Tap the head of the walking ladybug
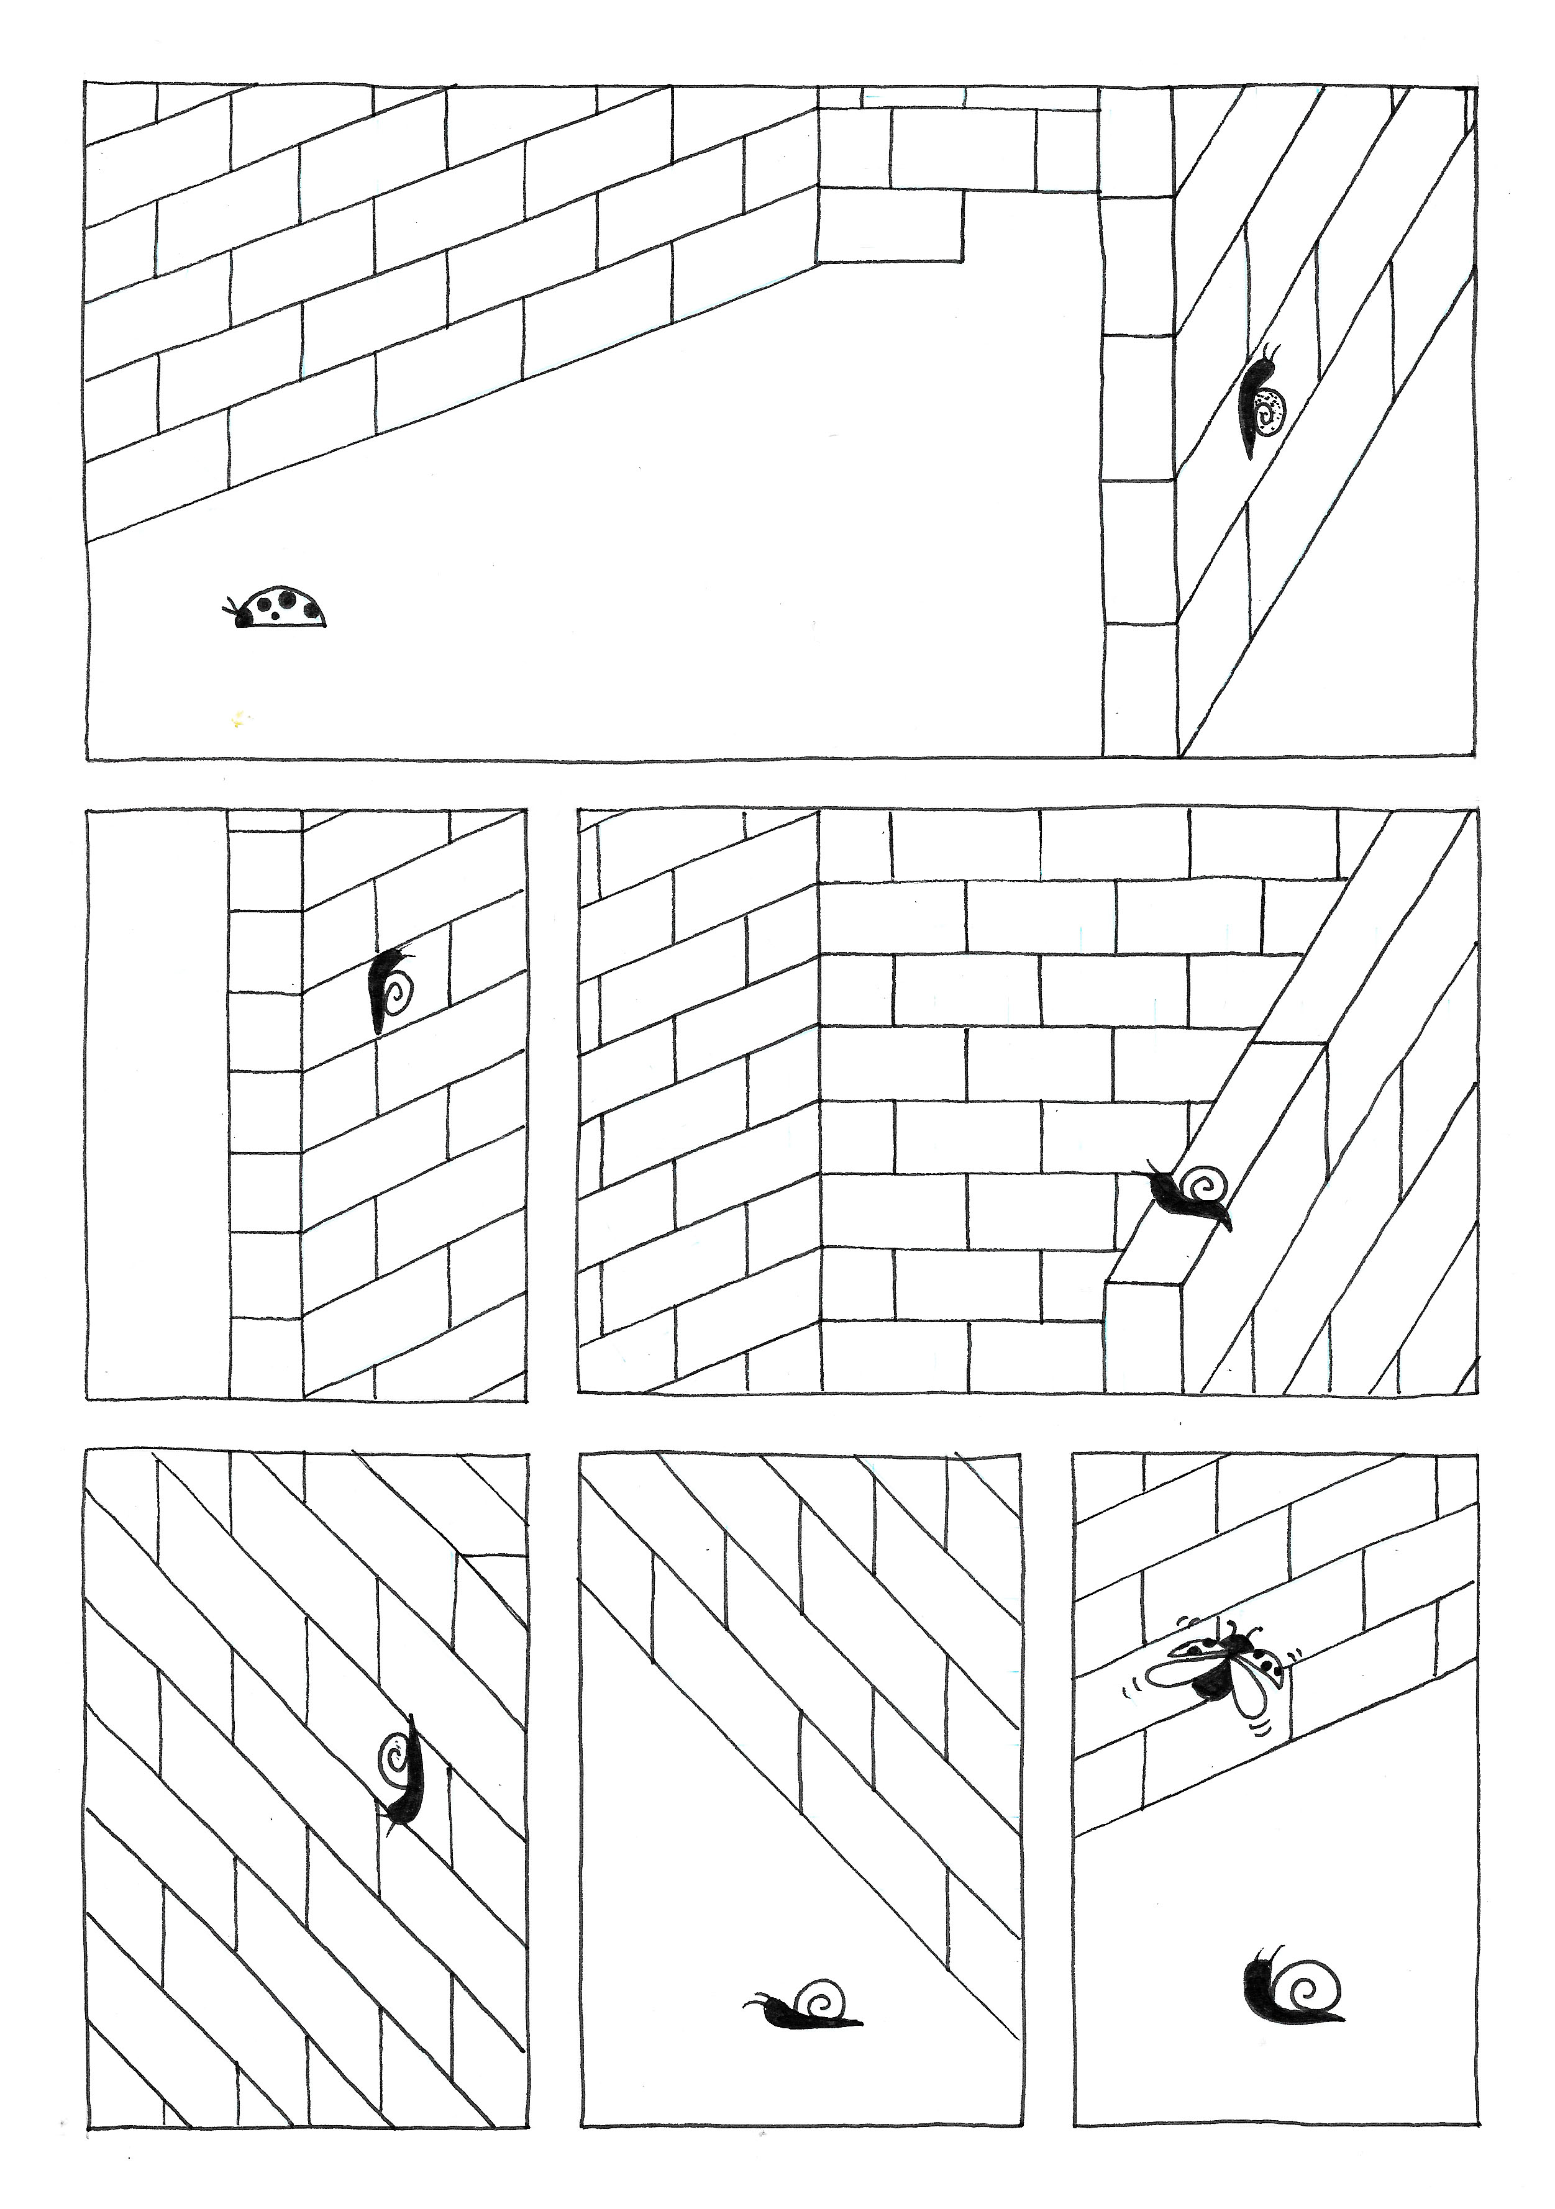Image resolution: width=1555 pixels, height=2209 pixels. (x=242, y=619)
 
